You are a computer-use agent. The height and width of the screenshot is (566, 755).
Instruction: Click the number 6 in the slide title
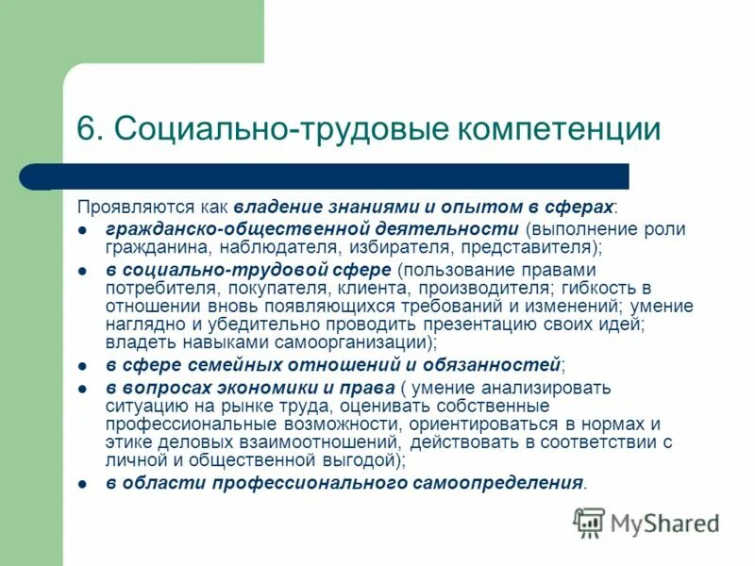click(x=88, y=129)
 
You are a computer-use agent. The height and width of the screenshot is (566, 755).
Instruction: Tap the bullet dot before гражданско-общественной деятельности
click(x=83, y=230)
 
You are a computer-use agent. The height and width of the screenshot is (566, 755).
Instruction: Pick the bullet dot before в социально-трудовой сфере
click(x=83, y=271)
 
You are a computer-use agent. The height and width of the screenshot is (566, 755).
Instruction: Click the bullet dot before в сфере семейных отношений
click(x=83, y=364)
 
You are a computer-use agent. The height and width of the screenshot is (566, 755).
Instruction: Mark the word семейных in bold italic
click(x=207, y=364)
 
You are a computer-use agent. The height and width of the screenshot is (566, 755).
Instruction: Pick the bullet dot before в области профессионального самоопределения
click(x=83, y=483)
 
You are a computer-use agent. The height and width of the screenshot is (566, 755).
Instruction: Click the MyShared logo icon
click(x=589, y=522)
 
